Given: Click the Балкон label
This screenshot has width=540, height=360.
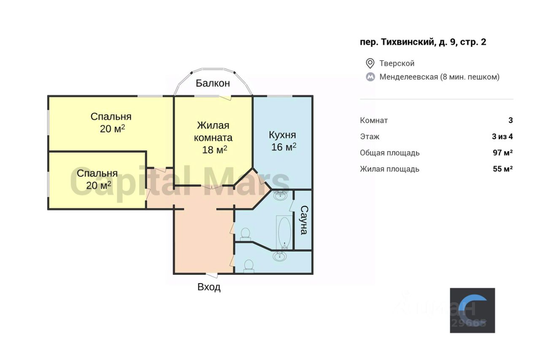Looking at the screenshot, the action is click(x=213, y=83).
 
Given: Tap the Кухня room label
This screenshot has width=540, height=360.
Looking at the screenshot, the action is click(x=282, y=135).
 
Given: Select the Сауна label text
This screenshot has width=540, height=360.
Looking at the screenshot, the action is click(x=303, y=220).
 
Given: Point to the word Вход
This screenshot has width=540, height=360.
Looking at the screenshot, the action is click(x=209, y=287).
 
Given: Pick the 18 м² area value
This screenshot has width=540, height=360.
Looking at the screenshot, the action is click(x=215, y=149).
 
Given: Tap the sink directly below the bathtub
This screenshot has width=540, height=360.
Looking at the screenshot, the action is click(x=279, y=256).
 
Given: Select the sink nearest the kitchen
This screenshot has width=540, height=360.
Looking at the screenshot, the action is click(x=280, y=195).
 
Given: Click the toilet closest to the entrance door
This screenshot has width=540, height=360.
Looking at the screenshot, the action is click(x=248, y=265).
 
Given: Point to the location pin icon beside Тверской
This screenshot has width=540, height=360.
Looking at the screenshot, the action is click(x=370, y=63).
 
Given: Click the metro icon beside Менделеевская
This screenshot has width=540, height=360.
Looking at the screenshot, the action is click(x=370, y=77).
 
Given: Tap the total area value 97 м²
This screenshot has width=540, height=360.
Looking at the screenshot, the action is click(x=502, y=153).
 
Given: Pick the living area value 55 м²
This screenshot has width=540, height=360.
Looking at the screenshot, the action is click(x=502, y=169).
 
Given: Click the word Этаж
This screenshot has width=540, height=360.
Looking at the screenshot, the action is click(x=370, y=136).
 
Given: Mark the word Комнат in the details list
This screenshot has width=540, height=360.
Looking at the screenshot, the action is click(x=374, y=120).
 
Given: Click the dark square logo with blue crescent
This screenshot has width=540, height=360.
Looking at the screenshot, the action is click(x=472, y=310).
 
